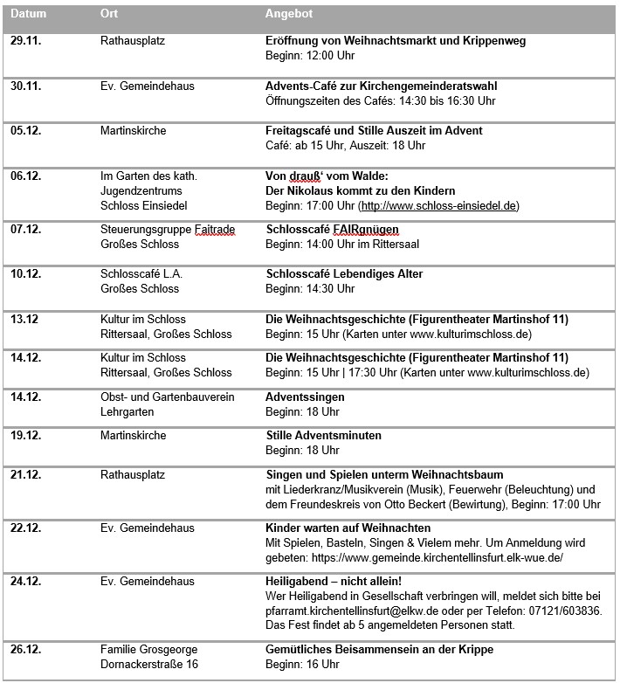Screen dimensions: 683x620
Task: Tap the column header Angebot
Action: point(288,15)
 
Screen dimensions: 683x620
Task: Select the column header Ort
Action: point(109,15)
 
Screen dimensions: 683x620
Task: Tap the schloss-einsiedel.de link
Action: point(439,205)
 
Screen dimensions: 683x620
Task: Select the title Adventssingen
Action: point(305,397)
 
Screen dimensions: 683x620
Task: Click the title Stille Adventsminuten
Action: point(323,435)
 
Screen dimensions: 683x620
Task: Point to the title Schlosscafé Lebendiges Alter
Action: point(343,273)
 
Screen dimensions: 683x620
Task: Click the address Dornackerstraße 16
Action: point(149,664)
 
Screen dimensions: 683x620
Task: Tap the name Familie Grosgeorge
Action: point(148,649)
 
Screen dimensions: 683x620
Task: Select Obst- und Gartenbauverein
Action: point(162,397)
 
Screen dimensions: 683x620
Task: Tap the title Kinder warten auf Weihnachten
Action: point(348,528)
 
